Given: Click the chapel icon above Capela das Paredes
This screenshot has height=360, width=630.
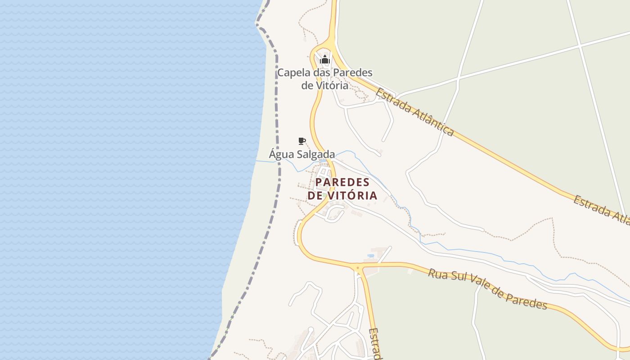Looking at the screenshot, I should [325, 59].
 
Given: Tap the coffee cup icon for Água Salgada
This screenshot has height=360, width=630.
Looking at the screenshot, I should [302, 141].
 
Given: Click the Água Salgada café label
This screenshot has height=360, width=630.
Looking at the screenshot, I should [301, 154].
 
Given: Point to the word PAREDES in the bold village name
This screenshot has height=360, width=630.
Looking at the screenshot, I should [342, 182].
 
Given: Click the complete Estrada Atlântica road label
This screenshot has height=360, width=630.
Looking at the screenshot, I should [414, 112].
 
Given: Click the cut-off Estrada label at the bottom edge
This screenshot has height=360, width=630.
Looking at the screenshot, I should [375, 344].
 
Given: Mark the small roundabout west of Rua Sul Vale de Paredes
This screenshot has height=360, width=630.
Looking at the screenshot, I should [358, 268].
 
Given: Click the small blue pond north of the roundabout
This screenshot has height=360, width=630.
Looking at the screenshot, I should [371, 256].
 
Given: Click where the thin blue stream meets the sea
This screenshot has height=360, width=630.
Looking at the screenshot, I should [256, 161].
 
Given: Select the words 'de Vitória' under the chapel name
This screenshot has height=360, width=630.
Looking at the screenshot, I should [324, 85].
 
